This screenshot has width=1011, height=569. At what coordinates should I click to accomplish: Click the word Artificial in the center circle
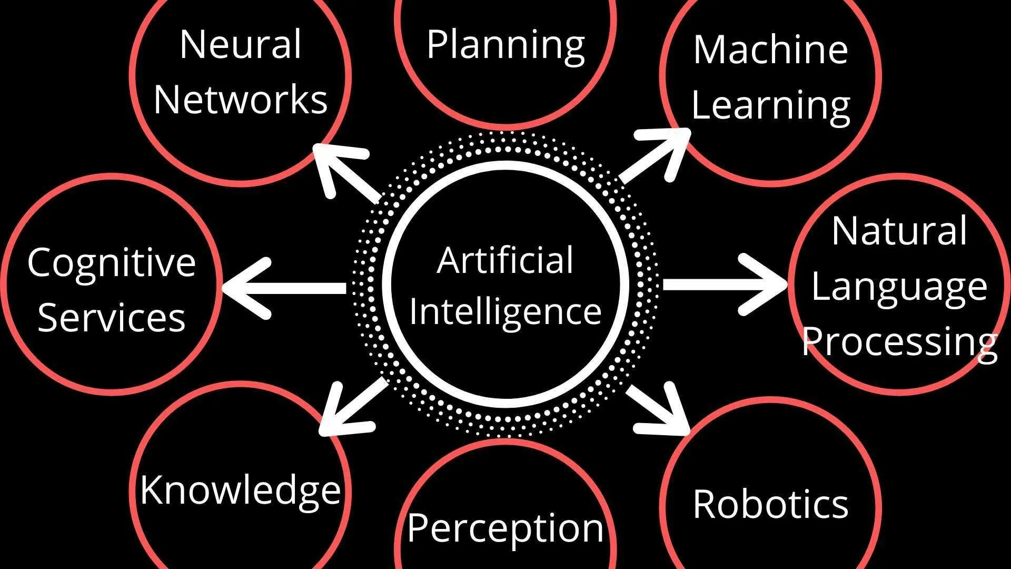[x=505, y=260]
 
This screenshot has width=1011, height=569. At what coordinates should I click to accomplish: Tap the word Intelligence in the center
[x=505, y=311]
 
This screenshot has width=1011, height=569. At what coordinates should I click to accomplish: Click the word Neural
[x=241, y=44]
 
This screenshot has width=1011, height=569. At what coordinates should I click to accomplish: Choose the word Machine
[x=770, y=50]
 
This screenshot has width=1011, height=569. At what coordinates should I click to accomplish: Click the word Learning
[x=770, y=106]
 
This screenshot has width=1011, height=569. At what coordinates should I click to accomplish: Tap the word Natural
[x=899, y=231]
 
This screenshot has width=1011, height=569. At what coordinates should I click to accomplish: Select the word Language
[x=899, y=288]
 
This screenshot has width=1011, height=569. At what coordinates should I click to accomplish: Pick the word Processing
[x=899, y=342]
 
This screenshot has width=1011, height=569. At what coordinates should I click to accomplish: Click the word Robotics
[x=770, y=504]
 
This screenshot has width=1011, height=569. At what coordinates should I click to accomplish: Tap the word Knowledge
[x=241, y=490]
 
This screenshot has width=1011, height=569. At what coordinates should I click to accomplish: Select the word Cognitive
[x=112, y=262]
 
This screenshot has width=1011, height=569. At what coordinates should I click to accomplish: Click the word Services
[x=112, y=318]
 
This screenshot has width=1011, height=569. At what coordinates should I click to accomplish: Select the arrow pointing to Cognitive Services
[x=284, y=288]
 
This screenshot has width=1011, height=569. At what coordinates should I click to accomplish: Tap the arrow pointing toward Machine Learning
[x=656, y=155]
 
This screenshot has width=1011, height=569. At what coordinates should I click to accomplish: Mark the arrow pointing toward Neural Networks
[x=345, y=172]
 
